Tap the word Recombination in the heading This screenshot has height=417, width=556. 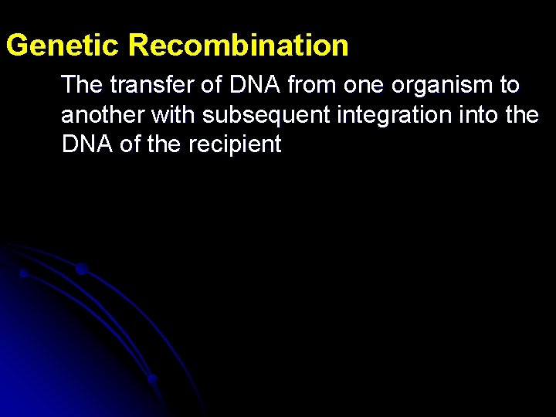pyautogui.click(x=239, y=46)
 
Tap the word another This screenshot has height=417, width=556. pyautogui.click(x=103, y=115)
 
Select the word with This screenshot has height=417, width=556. pyautogui.click(x=175, y=115)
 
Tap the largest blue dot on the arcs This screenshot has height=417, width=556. pyautogui.click(x=81, y=269)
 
